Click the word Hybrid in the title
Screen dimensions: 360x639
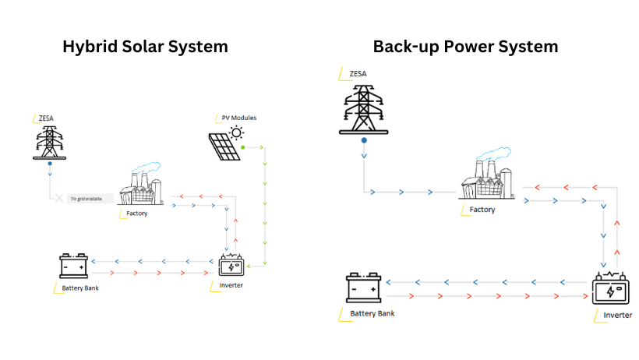point(89,47)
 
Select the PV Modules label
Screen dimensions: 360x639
point(238,118)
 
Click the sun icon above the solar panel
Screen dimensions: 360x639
point(236,132)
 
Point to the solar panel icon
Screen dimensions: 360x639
point(224,146)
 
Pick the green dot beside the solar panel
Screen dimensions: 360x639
point(243,146)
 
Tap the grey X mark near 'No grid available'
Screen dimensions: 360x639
point(58,198)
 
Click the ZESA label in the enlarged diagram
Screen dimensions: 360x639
point(358,74)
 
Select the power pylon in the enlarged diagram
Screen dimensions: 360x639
point(364,108)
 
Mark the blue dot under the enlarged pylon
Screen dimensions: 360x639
point(364,141)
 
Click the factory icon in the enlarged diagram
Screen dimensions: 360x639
point(489,177)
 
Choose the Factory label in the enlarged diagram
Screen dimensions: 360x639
point(482,210)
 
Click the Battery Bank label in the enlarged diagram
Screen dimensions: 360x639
point(372,313)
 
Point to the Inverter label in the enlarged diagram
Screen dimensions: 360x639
point(618,315)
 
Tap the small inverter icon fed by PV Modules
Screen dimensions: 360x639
point(231,266)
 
